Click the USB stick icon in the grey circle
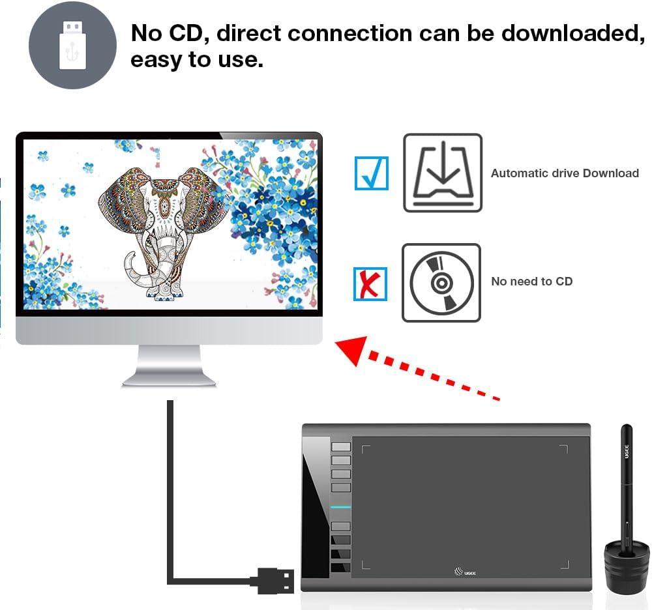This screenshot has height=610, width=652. pyautogui.click(x=73, y=46)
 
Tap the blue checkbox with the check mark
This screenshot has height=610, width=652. pyautogui.click(x=372, y=173)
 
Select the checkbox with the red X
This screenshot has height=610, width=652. pyautogui.click(x=370, y=283)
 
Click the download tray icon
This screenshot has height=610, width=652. pyautogui.click(x=443, y=173)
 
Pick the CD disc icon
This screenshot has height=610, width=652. pyautogui.click(x=441, y=283)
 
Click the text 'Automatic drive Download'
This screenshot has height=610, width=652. pyautogui.click(x=565, y=173)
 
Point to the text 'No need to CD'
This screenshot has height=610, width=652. pyautogui.click(x=532, y=282)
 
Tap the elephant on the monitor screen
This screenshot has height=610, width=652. pyautogui.click(x=163, y=233)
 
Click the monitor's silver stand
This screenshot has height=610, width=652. pyautogui.click(x=169, y=366)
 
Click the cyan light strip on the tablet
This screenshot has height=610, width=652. pyautogui.click(x=341, y=507)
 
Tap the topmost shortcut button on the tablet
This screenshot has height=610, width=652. pyautogui.click(x=341, y=446)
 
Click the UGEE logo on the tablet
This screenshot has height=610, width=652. pyautogui.click(x=465, y=572)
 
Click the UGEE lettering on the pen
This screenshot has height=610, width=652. pyautogui.click(x=627, y=452)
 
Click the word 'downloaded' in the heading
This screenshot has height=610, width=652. pyautogui.click(x=573, y=33)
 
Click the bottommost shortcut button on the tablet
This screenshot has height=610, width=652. pyautogui.click(x=340, y=567)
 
